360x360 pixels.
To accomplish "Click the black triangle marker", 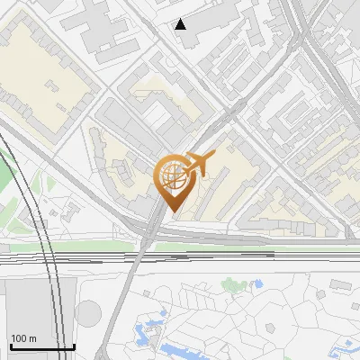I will click(x=181, y=24).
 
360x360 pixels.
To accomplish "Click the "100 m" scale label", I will click(x=24, y=338).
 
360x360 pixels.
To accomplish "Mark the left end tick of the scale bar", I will click(x=11, y=346).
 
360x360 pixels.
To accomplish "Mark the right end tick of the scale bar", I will click(x=74, y=346).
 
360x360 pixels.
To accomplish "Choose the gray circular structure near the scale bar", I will click(x=88, y=314).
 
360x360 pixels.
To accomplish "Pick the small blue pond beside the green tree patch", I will click(x=258, y=284).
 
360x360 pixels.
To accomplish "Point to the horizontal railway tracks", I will click(x=225, y=257).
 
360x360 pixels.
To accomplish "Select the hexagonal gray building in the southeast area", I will click(x=341, y=284).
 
